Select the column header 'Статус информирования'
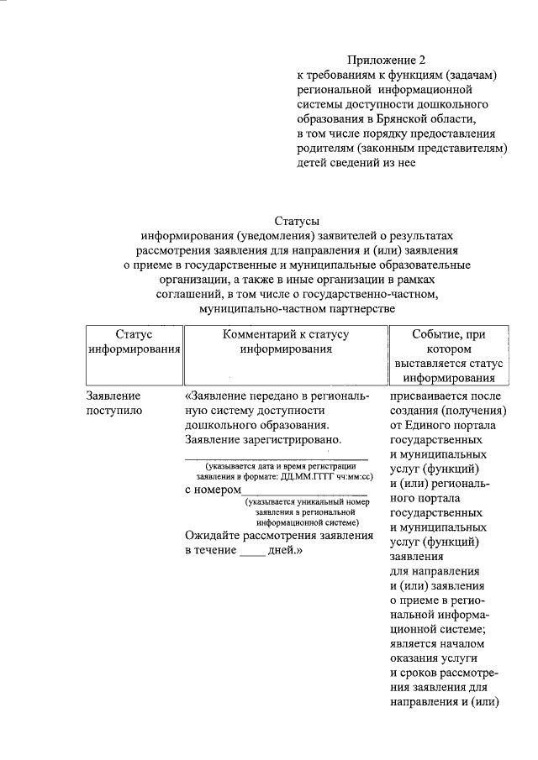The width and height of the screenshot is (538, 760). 135,342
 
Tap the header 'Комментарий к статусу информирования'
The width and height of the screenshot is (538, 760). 286,342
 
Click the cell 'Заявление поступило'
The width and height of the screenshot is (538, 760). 114,403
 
